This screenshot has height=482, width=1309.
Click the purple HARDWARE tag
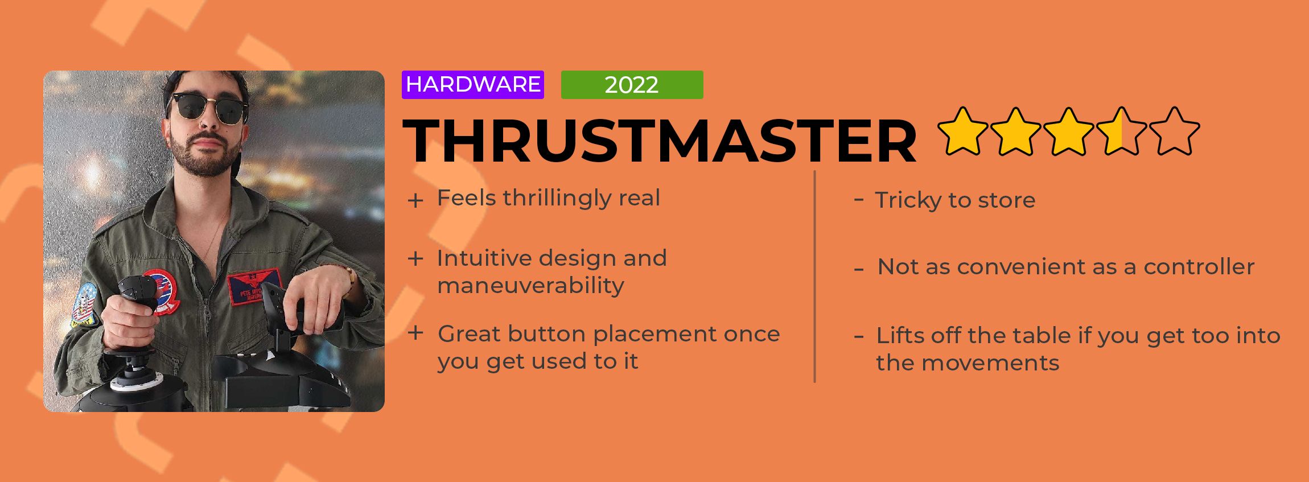[472, 85]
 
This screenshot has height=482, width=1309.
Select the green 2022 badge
[632, 85]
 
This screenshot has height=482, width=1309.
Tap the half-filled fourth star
[1121, 131]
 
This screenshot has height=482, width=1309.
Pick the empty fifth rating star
[1174, 131]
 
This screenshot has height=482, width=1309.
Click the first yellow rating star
[963, 131]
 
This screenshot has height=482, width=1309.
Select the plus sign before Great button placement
[415, 333]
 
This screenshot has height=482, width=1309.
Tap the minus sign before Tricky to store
[859, 199]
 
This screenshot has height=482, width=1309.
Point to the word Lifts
[900, 335]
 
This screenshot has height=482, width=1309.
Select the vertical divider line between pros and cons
[815, 277]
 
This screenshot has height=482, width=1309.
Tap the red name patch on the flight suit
[254, 286]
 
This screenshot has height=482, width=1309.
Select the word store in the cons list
[1006, 200]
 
